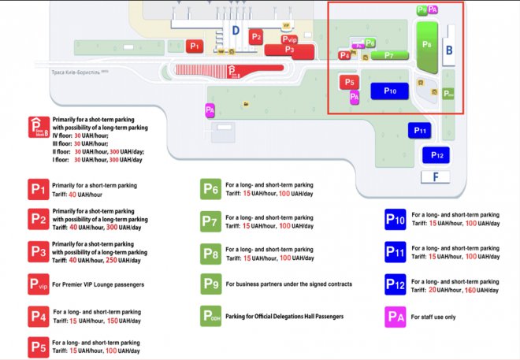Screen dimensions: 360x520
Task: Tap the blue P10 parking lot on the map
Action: [389, 91]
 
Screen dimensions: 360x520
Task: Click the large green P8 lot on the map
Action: [427, 45]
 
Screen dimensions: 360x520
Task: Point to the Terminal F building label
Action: [436, 177]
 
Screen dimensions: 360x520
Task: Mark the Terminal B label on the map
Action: [449, 50]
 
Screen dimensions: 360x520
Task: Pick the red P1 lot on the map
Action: [195, 46]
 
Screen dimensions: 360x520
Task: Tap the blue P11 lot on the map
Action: [419, 130]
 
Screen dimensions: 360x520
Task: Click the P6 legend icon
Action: [211, 191]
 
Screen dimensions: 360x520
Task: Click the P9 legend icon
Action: [211, 284]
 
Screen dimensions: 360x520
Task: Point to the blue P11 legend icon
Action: [395, 251]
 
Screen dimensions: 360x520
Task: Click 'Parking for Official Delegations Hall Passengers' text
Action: [285, 316]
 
